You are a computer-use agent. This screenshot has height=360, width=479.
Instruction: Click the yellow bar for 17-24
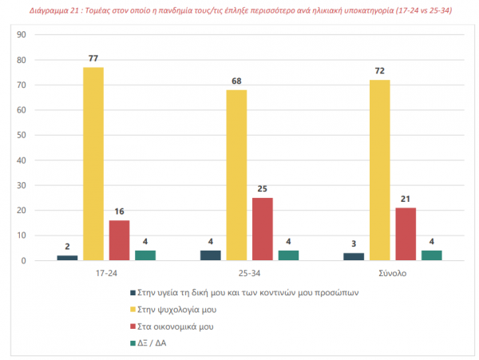(x=93, y=164)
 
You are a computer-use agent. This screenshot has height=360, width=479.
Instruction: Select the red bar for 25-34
(x=262, y=229)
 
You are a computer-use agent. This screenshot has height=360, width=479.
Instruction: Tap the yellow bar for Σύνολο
(x=380, y=170)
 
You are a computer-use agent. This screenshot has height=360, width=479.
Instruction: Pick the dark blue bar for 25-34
(x=211, y=255)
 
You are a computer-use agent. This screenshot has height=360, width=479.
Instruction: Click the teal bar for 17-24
(x=144, y=255)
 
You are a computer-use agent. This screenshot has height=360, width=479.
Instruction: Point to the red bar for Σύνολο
(x=406, y=234)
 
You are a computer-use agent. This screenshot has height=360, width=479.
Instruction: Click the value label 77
(x=93, y=59)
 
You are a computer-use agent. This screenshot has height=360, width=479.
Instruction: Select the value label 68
(x=236, y=81)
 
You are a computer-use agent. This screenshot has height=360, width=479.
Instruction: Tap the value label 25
(x=262, y=189)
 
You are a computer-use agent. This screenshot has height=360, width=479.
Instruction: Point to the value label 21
(x=406, y=200)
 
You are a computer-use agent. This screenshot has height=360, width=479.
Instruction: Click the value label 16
(x=119, y=212)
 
